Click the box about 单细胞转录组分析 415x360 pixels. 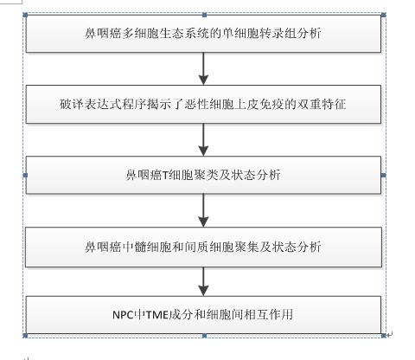pos(203,34)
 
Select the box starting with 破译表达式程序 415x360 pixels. pos(203,105)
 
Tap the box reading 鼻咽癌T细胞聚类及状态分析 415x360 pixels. pos(203,175)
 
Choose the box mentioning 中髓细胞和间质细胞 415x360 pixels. pos(203,247)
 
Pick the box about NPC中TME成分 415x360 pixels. pos(203,314)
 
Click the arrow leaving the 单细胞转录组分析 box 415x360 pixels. pos(203,68)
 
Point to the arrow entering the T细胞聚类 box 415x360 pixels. pos(203,140)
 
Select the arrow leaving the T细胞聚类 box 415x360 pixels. pos(203,210)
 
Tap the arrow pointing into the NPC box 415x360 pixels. pos(203,281)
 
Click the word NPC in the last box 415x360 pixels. pos(123,315)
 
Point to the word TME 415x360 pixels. pos(156,315)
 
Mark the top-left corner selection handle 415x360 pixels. pos(25,15)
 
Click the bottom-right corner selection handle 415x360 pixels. pos(384,336)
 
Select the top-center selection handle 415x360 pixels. pos(205,15)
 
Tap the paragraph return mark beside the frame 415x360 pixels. pos(390,335)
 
